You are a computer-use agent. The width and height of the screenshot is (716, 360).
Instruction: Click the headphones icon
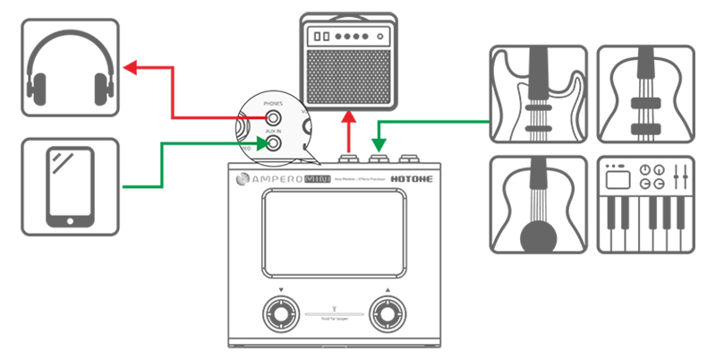click(70, 67)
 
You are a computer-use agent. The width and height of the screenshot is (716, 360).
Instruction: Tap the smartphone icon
click(70, 187)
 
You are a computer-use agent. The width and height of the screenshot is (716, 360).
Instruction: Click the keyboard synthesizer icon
click(644, 205)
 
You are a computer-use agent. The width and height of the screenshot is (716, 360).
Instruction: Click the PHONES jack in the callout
click(271, 117)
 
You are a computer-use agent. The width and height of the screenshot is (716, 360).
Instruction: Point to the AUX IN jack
click(271, 141)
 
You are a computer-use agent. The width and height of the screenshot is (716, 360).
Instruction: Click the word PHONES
click(273, 104)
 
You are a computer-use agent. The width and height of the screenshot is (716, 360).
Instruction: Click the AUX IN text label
click(273, 130)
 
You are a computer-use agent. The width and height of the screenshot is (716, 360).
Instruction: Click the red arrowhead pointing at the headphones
click(130, 67)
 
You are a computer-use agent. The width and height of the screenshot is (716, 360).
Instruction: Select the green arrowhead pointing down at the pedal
click(379, 142)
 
